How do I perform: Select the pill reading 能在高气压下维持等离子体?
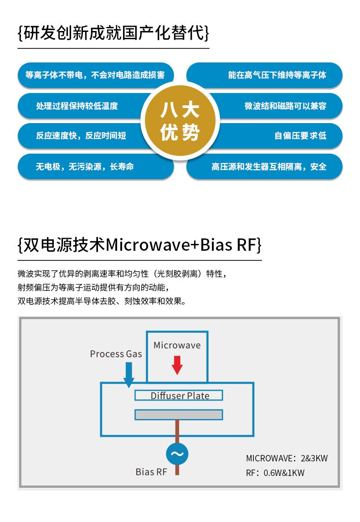pos(273,75)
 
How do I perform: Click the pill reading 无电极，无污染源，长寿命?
pos(87,166)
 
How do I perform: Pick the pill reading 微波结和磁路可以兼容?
pos(283,106)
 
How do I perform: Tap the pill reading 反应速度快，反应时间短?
pos(82,136)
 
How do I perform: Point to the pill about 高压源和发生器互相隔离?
pos(269,166)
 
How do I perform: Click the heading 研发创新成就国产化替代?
pos(113,34)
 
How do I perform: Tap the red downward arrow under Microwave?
pos(177,363)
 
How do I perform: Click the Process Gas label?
pos(116,354)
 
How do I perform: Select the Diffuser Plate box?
pos(179,395)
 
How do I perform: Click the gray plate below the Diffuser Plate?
pos(179,414)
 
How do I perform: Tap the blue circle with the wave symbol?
pos(177,454)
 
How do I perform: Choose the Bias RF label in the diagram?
pos(151,472)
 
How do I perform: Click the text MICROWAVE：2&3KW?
pos(287,458)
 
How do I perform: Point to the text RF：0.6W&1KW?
pos(275,473)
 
